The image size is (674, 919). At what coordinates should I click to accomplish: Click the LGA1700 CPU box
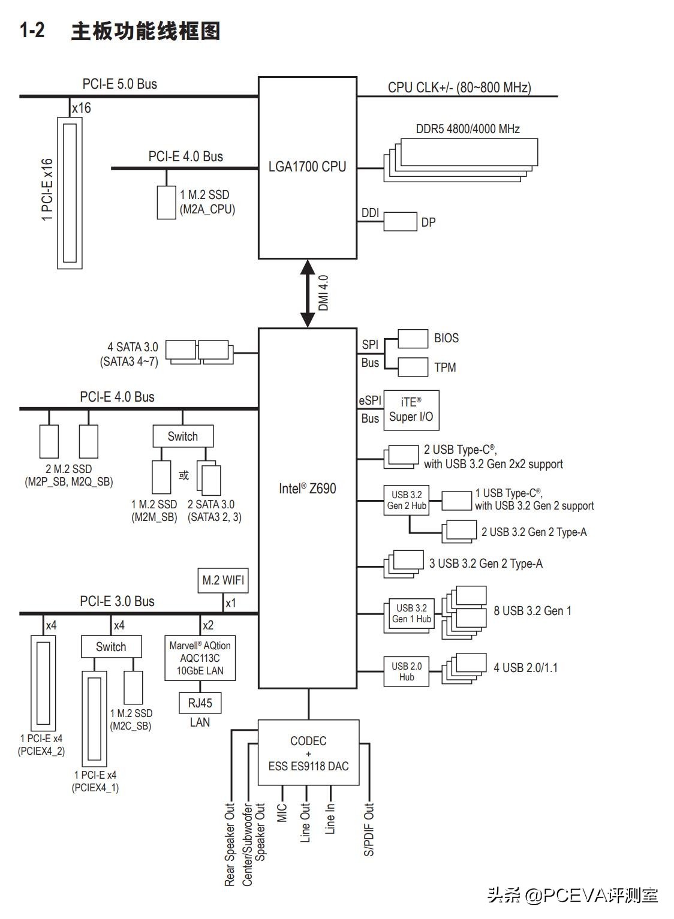click(308, 167)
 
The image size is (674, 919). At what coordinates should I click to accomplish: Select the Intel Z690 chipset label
click(308, 489)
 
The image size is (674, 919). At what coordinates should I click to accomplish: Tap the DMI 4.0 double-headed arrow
click(308, 293)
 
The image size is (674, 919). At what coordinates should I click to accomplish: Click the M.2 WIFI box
click(223, 580)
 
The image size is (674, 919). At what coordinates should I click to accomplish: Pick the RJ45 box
click(200, 703)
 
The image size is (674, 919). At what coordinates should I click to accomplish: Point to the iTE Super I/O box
click(411, 410)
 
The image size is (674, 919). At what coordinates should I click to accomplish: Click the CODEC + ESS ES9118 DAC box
click(308, 753)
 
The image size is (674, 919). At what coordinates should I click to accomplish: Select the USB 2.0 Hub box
click(407, 671)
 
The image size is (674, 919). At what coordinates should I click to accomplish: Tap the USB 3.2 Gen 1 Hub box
click(411, 613)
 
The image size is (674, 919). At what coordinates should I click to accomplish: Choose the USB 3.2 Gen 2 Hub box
click(407, 500)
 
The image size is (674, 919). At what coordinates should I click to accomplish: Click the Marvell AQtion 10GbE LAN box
click(200, 658)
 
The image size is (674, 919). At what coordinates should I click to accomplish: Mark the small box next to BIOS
click(413, 338)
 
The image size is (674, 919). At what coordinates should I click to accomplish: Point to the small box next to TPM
click(413, 367)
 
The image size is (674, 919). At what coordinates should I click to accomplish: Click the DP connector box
click(400, 221)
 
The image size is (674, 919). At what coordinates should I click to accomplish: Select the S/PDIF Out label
click(369, 829)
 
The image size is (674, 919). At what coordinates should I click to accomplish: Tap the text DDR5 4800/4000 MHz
click(468, 128)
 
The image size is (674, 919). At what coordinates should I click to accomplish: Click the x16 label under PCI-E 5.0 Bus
click(81, 108)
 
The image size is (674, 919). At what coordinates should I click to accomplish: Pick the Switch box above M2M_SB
click(183, 436)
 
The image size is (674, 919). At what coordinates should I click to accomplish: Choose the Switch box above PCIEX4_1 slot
click(112, 646)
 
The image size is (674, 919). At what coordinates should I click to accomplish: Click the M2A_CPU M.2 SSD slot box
click(167, 202)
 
